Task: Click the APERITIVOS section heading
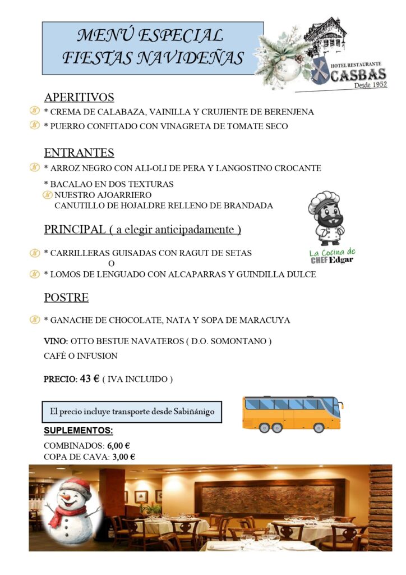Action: [79, 97]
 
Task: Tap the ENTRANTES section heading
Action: [79, 153]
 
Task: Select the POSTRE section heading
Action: [66, 298]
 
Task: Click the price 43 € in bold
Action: [90, 379]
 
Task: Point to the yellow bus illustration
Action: [292, 414]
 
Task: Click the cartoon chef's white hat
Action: [324, 200]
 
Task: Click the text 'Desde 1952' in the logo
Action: [370, 86]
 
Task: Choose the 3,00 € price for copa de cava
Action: [123, 457]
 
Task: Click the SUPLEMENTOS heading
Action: [78, 431]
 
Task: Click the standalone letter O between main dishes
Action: [111, 263]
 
